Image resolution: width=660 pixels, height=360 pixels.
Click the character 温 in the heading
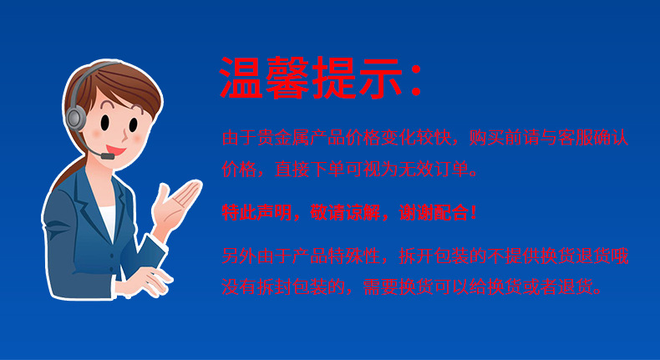pyautogui.click(x=243, y=79)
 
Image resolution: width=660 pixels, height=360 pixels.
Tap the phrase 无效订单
pyautogui.click(x=436, y=172)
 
